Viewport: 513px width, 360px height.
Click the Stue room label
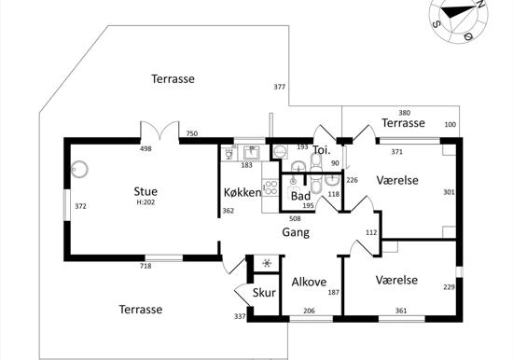coord(146,191)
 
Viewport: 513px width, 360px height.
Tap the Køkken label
coord(243,192)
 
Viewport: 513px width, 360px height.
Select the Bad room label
coord(300,197)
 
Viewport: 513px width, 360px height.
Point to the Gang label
coord(296,232)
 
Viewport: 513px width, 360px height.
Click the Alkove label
coord(309,282)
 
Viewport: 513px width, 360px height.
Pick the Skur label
coord(264,293)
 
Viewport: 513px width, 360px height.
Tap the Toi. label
coord(322,150)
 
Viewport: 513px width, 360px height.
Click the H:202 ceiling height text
coord(146,202)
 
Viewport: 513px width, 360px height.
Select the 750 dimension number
coord(192,133)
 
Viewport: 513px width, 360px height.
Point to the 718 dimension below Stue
coord(146,266)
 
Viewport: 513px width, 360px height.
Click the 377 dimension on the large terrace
coord(280,87)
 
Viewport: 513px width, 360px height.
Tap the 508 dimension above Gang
coord(295,218)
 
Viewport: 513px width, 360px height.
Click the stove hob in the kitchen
coord(270,187)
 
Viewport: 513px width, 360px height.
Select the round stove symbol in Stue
coord(79,169)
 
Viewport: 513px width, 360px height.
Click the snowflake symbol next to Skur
coord(268,263)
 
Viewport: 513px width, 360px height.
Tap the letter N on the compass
coord(480,4)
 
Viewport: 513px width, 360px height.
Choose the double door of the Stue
coord(159,131)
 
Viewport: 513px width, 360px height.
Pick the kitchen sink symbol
coord(252,153)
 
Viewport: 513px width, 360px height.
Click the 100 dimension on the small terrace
coord(451,124)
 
